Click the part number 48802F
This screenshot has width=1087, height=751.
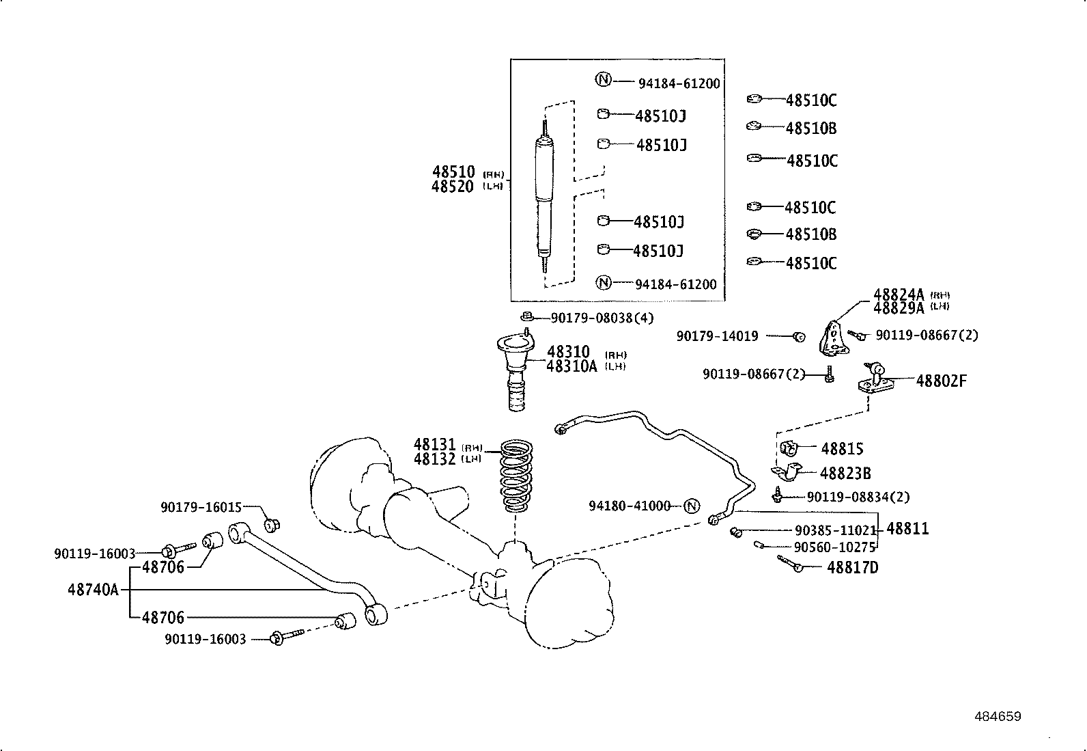[x=941, y=381]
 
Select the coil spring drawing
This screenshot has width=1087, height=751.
[x=516, y=476]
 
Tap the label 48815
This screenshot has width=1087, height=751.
[x=842, y=448]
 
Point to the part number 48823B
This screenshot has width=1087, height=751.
[x=845, y=473]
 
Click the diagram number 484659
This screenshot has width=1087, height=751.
[x=998, y=717]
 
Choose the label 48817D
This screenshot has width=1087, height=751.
[x=853, y=567]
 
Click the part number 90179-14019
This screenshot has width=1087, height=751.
[x=717, y=336]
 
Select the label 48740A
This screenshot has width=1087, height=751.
[x=93, y=590]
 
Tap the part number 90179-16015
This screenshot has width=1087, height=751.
[x=201, y=508]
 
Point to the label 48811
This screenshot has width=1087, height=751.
[x=907, y=528]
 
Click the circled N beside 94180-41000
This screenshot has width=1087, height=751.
[x=692, y=506]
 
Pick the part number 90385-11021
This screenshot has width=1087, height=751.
[x=836, y=530]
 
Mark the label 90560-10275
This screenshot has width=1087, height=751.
[x=834, y=547]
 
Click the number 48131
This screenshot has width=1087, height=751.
[x=435, y=444]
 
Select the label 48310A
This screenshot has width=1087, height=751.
[x=571, y=366]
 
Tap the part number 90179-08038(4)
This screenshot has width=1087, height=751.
[x=602, y=318]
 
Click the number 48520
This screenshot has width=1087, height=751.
[x=452, y=187]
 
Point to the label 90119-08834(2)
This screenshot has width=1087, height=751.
[x=858, y=497]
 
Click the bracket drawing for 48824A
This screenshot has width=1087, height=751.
[x=834, y=338]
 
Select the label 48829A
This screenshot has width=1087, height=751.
[x=899, y=308]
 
